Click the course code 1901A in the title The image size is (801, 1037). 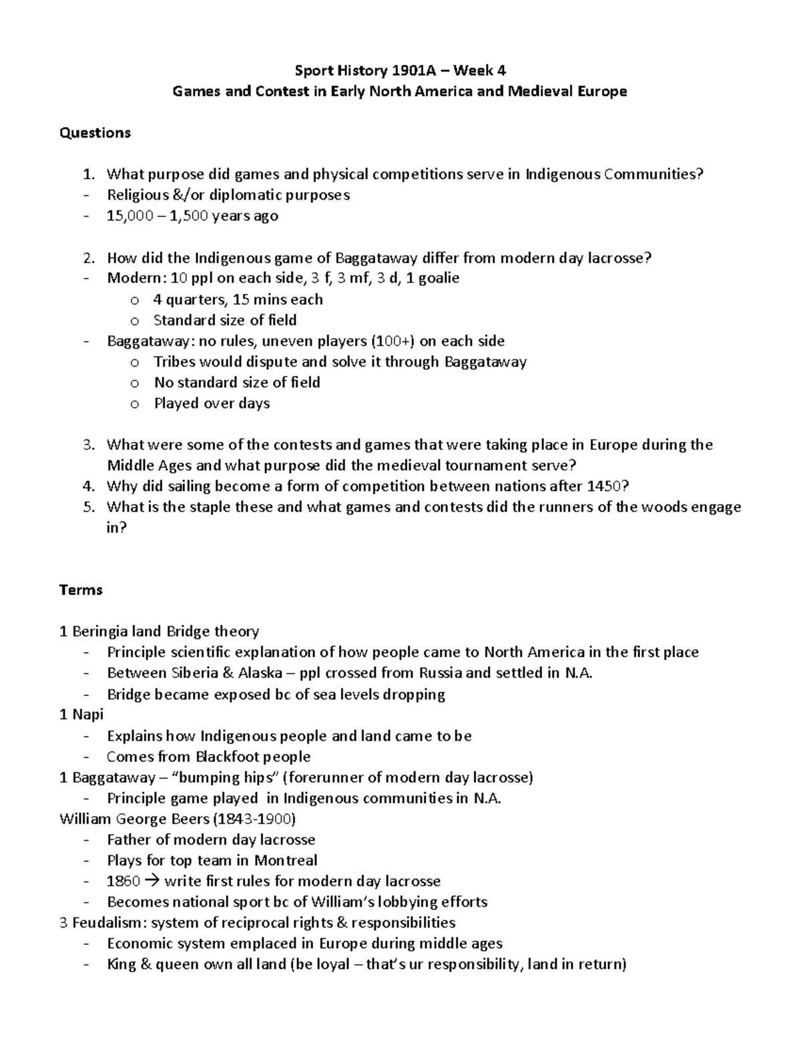click(x=413, y=70)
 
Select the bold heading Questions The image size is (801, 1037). click(x=95, y=133)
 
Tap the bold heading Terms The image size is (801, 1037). click(x=81, y=590)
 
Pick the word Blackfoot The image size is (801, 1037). click(x=226, y=757)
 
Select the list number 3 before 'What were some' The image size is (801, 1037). click(x=87, y=445)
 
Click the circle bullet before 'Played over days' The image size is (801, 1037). click(x=135, y=404)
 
